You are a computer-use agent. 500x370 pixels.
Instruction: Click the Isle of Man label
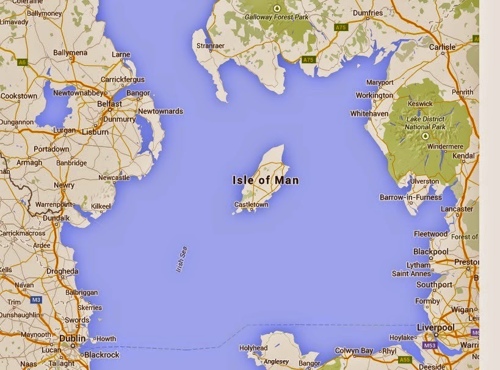point(266,180)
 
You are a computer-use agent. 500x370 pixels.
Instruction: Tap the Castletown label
point(251,205)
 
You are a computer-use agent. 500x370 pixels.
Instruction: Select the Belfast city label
point(111,104)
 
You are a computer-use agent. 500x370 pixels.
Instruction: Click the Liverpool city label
point(437,328)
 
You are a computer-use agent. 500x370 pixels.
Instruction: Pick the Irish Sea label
point(181,259)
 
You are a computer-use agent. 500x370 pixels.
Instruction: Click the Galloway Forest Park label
point(277,18)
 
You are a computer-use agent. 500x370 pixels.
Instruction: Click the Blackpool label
point(430,252)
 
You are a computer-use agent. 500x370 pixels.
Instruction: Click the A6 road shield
point(23,62)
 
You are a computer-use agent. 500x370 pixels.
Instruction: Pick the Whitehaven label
point(370,114)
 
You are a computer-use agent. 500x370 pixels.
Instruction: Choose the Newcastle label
point(114,178)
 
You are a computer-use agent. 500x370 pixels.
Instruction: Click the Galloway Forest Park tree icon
point(277,8)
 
